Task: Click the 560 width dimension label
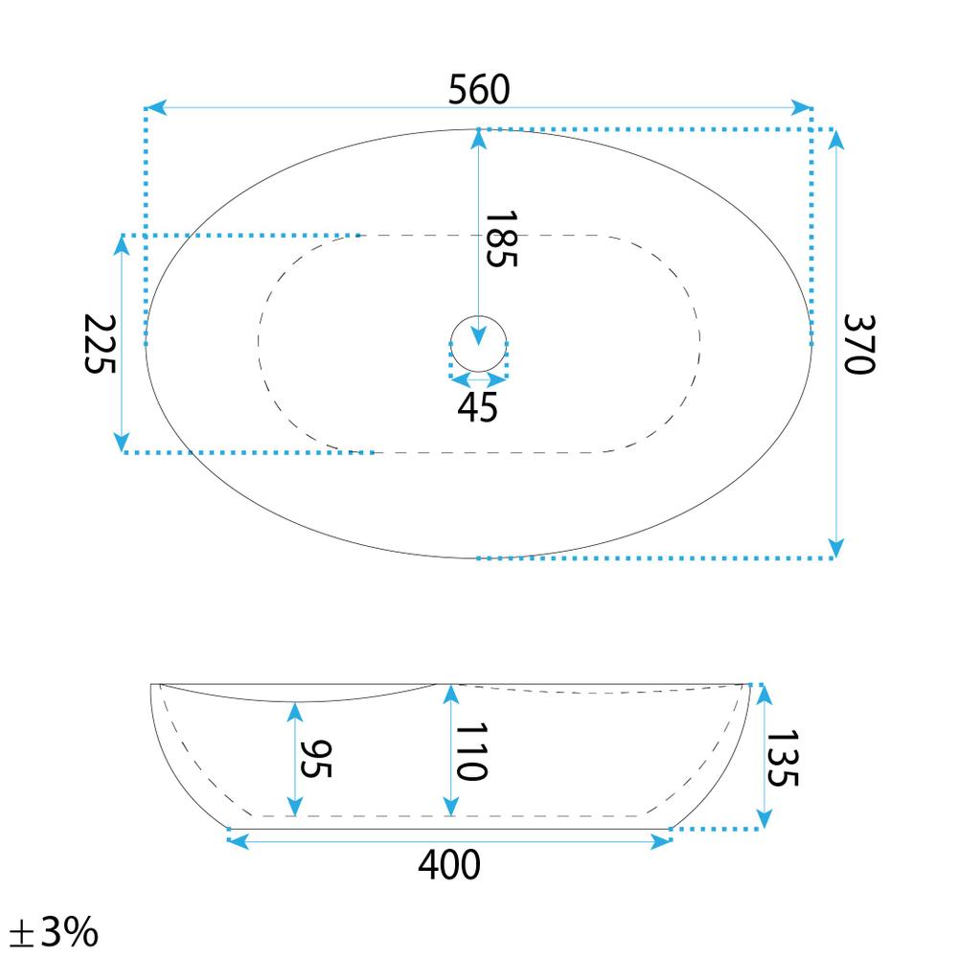click(479, 90)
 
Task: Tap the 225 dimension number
click(100, 344)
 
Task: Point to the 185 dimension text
click(500, 239)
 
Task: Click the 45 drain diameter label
click(477, 407)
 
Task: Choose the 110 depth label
click(470, 752)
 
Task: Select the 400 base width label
click(449, 865)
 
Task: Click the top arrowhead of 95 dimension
click(296, 712)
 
